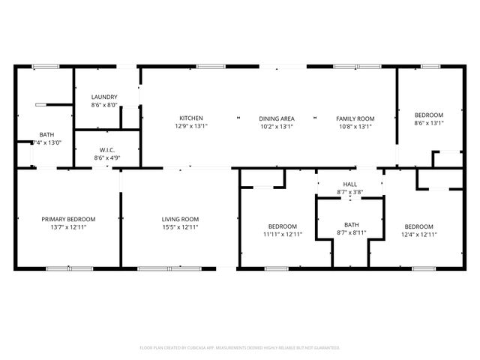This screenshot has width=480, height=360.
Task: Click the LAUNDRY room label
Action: (104, 97)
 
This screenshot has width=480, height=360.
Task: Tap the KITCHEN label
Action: (190, 118)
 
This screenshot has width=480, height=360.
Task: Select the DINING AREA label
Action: (277, 118)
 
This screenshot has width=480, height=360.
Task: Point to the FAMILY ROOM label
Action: (355, 118)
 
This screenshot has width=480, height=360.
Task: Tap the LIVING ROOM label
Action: (180, 219)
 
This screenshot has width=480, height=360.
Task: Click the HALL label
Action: (350, 184)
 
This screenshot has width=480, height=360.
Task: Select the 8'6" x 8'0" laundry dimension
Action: (104, 106)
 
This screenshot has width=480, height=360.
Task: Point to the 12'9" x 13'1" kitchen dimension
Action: (190, 127)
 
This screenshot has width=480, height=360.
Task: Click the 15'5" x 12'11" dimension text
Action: (180, 227)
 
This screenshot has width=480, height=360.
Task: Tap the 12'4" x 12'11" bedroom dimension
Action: (418, 235)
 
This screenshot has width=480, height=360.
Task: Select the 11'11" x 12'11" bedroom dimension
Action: (283, 235)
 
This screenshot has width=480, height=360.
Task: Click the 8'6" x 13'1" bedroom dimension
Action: (429, 123)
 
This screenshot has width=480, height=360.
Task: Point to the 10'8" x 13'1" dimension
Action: (355, 127)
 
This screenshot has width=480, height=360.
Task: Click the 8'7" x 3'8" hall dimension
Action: (350, 193)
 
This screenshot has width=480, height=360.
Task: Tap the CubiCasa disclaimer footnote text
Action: (240, 348)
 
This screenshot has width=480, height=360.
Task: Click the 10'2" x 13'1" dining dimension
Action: (277, 127)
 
